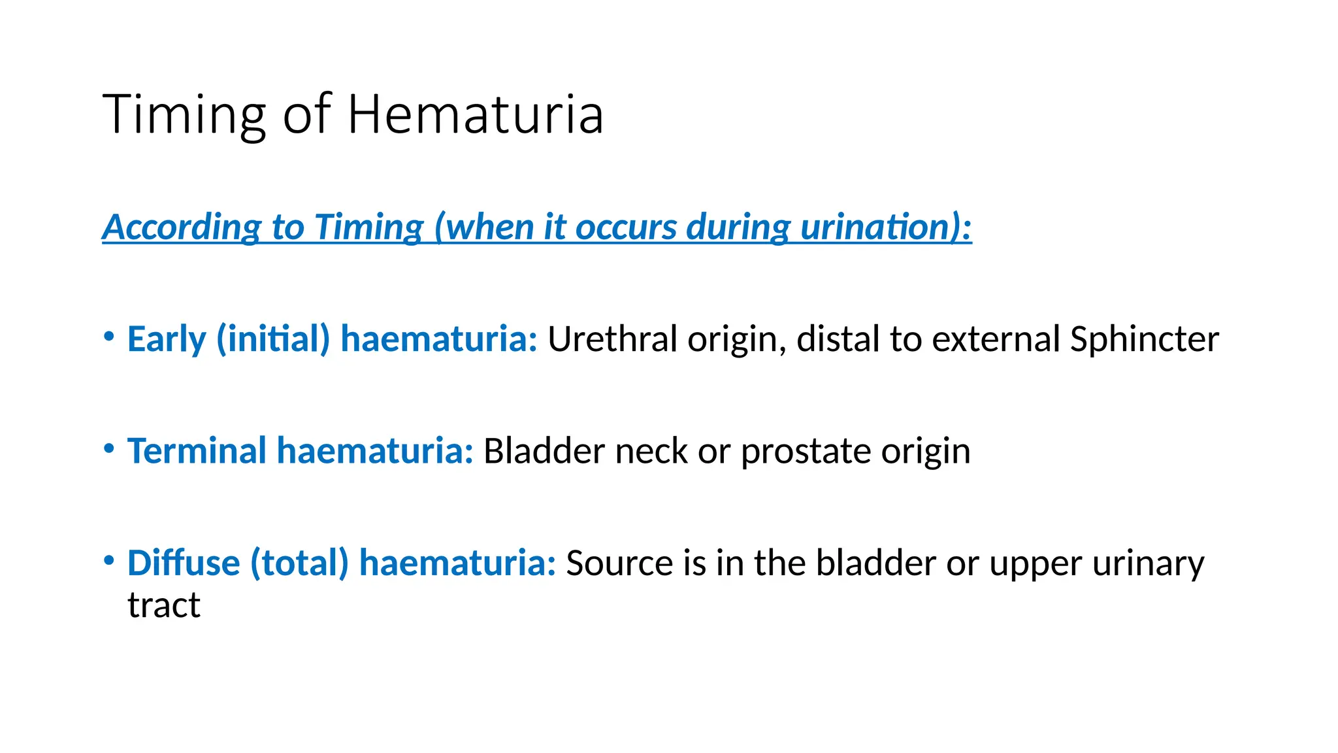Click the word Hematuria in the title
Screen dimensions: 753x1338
click(475, 114)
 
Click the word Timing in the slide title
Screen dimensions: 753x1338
click(184, 116)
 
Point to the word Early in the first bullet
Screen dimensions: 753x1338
click(167, 339)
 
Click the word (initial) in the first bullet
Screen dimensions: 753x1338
click(273, 339)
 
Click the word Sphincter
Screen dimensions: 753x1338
click(1144, 339)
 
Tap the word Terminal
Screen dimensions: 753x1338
click(197, 451)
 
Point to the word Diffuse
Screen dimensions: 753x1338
click(184, 563)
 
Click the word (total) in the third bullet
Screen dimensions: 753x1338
click(300, 563)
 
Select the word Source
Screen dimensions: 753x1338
click(619, 563)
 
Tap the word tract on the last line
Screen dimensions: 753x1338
click(163, 605)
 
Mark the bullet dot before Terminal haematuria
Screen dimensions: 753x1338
click(109, 449)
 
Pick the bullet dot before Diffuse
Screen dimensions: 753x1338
click(109, 561)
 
